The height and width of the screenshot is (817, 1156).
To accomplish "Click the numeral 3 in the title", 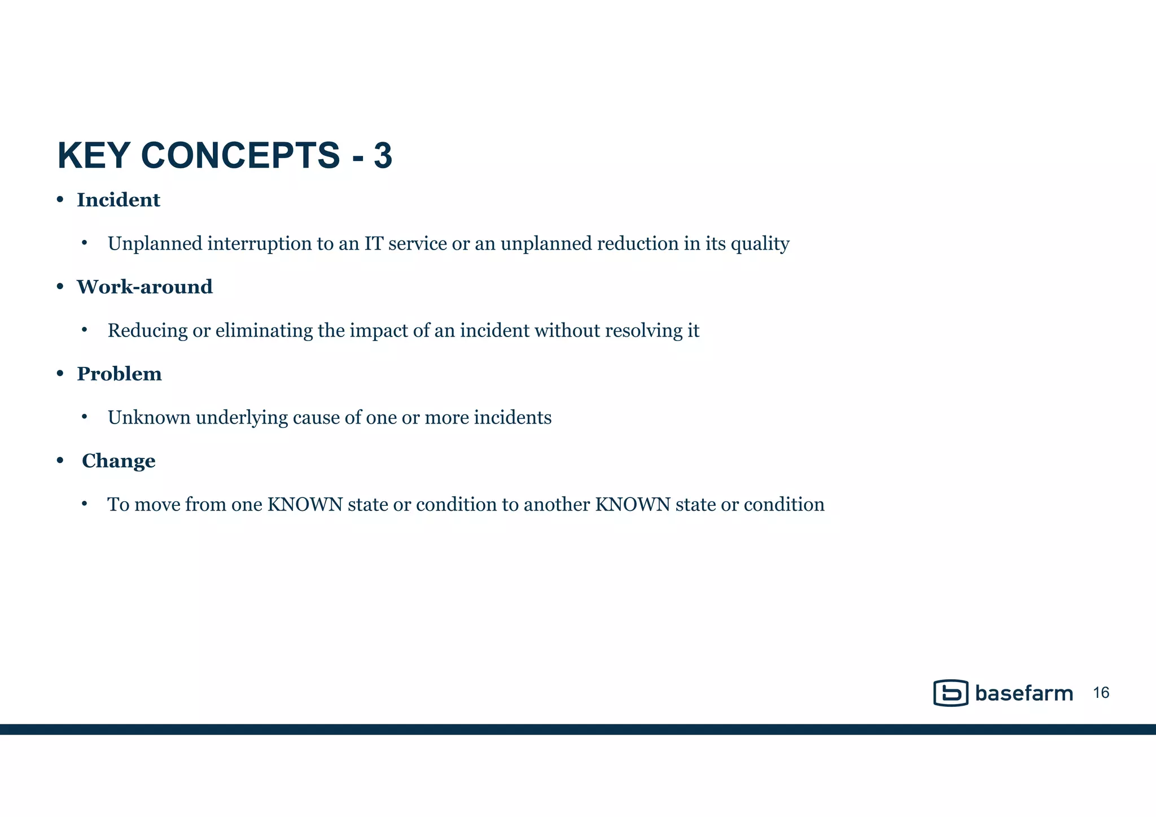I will (x=383, y=156).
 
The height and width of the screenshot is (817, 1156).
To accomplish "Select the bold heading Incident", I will (x=119, y=200).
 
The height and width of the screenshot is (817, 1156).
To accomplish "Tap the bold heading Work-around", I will (x=144, y=287).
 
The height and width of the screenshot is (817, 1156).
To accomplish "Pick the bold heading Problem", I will (x=119, y=374).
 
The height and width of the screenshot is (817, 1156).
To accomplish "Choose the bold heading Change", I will (x=119, y=461).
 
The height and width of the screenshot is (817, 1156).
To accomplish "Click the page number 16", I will (x=1101, y=693).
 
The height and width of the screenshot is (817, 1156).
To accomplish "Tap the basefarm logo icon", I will (x=951, y=693).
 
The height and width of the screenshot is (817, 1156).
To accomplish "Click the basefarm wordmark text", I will (x=1023, y=693).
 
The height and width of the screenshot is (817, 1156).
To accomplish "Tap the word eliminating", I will (x=264, y=331).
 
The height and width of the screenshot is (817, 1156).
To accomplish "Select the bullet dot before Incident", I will (x=60, y=200).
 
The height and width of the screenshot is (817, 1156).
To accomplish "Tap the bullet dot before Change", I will (x=60, y=461).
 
